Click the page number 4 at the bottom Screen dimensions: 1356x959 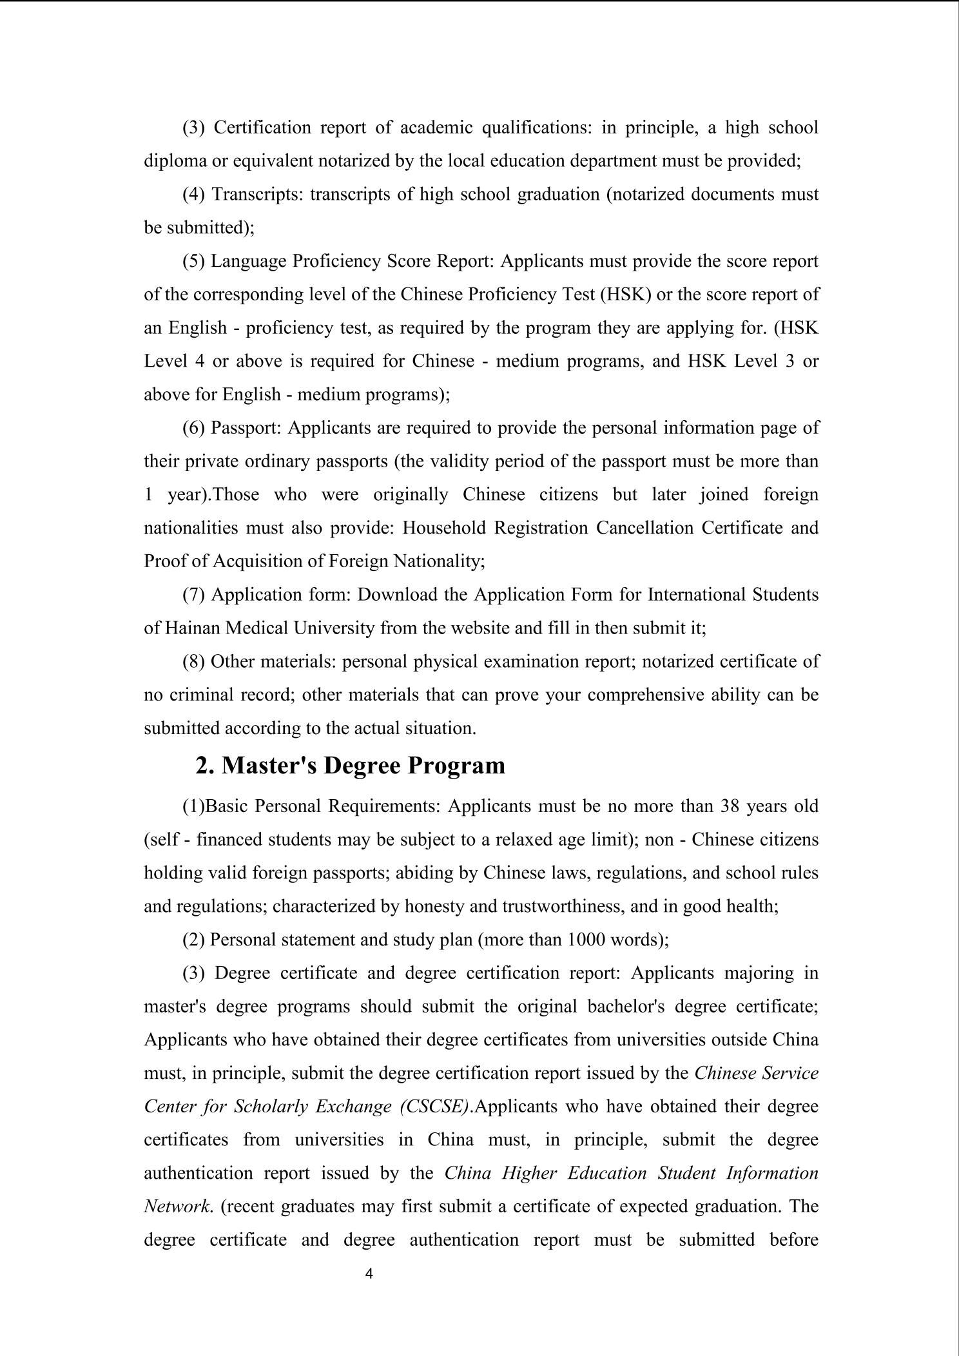point(369,1274)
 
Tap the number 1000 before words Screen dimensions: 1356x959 point(587,940)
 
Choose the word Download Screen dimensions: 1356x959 point(397,594)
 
